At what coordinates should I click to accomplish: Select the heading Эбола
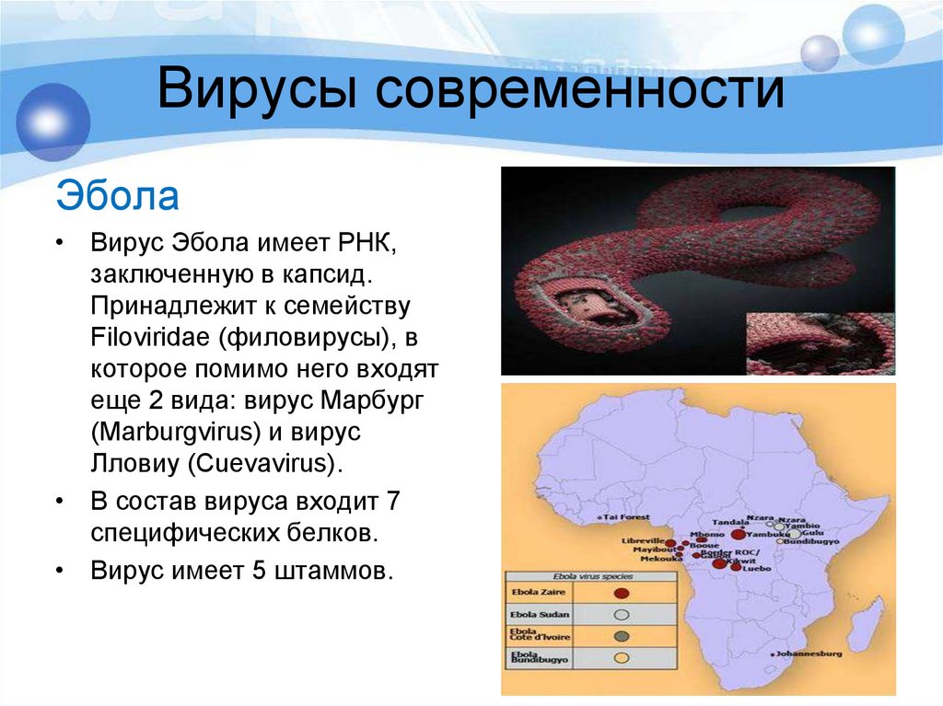[x=117, y=196]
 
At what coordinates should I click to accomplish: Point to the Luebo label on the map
[x=757, y=570]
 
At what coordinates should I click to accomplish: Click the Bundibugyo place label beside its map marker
[x=810, y=541]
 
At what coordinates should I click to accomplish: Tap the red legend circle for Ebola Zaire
[x=622, y=594]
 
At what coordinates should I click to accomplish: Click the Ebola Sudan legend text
[x=540, y=614]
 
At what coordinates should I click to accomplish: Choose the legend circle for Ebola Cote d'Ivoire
[x=622, y=636]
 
